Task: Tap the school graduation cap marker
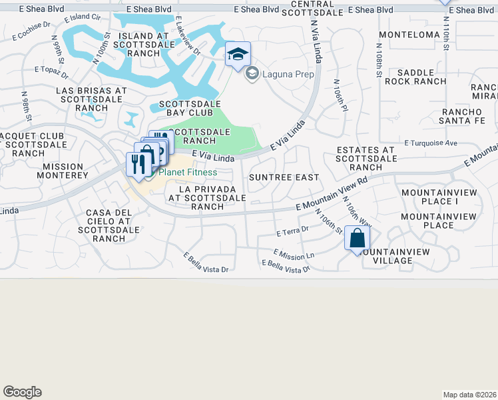(237, 55)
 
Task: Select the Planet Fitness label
(187, 173)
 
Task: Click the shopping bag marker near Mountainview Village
(357, 238)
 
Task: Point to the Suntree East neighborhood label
(284, 177)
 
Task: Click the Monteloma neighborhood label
(409, 34)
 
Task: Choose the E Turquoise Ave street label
(431, 143)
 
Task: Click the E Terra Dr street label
(293, 231)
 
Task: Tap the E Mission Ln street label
(294, 255)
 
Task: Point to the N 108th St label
(378, 61)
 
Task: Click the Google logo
(22, 392)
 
